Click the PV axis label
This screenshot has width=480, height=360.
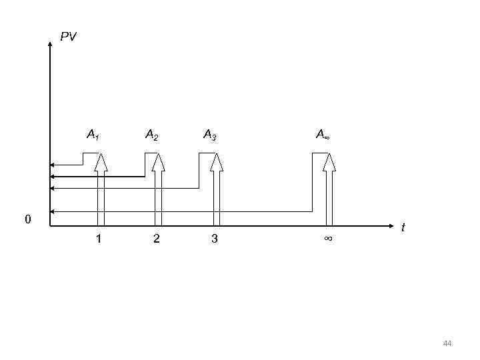coord(68,37)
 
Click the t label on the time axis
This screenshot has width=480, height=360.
coord(403,228)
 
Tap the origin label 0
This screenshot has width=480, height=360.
coord(27,219)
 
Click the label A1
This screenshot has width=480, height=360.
coord(93,135)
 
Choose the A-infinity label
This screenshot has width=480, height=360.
coord(322,135)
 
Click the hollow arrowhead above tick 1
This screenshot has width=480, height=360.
coord(101,162)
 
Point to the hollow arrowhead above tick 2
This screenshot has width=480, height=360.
coord(159,162)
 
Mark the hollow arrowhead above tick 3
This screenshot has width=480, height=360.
coord(217,162)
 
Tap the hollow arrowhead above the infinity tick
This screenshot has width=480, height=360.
coord(329,162)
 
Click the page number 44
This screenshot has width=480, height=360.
coord(447,343)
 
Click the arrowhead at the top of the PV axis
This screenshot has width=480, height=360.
coord(50,44)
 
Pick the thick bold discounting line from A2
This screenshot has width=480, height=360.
coord(100,177)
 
